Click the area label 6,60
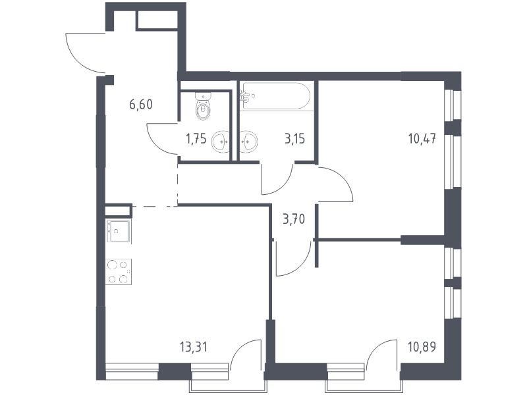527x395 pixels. pos(142,104)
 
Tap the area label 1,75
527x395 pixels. pos(196,139)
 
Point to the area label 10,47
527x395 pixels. pos(422,139)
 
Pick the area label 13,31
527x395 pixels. pos(192,346)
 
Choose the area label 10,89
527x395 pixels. pos(422,346)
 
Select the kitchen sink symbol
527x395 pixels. pos(118,229)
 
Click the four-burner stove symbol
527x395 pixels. pos(119,272)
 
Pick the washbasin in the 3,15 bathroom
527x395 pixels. pos(248,140)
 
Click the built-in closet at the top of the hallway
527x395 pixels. pos(156,20)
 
